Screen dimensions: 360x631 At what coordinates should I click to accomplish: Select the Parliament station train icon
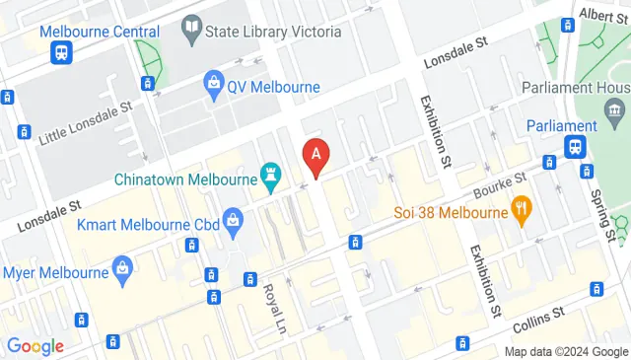pos(574,147)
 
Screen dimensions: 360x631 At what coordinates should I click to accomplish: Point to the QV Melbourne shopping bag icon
pos(213,86)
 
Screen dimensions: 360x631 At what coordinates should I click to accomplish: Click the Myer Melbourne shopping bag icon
pos(122,267)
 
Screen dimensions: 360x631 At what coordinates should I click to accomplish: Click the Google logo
pos(35,346)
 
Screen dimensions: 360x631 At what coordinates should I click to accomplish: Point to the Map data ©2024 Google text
pos(566,351)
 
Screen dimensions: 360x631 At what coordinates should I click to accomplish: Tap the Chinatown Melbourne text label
pos(184,180)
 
